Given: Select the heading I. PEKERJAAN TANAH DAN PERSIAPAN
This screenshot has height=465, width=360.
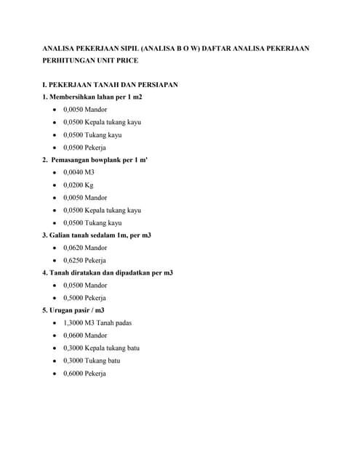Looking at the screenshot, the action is pos(111,85).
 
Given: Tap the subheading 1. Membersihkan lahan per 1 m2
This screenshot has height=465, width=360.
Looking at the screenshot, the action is pos(92,97).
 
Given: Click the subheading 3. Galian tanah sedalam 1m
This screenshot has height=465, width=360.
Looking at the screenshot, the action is pos(97,235).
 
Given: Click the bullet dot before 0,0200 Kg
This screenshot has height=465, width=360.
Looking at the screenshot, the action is pos(56,185).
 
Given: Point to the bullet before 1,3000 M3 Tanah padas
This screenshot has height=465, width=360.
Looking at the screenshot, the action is pos(56,323).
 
